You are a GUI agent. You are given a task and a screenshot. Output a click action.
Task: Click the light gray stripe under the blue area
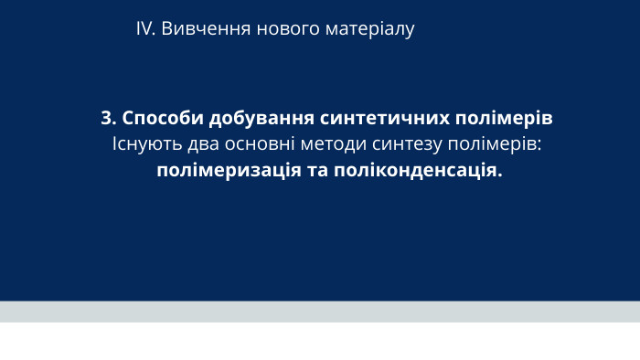click(x=320, y=312)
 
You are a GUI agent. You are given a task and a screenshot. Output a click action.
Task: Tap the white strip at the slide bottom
click(x=320, y=342)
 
